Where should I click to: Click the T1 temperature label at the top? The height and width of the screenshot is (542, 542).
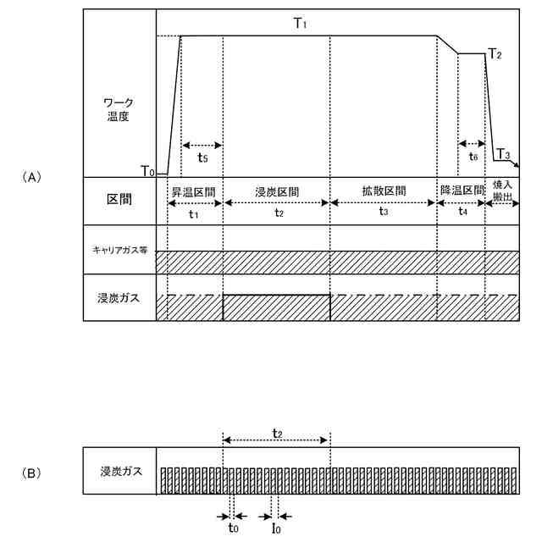point(300,24)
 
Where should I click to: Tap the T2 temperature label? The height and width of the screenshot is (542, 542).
point(495,55)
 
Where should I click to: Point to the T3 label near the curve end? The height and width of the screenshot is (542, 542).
point(503,155)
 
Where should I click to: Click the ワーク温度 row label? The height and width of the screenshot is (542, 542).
point(118,109)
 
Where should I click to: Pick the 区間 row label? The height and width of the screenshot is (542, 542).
point(119,200)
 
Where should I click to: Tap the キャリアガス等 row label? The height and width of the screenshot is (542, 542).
point(119,250)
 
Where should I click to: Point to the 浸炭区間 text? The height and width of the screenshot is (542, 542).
point(277,191)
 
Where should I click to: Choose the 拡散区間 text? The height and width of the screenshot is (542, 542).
point(384,191)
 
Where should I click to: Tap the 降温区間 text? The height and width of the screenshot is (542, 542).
point(462,191)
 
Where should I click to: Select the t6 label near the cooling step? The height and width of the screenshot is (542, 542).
point(473,157)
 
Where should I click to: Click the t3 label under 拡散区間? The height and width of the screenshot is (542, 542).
point(384,213)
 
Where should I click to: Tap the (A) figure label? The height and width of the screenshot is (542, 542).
point(30,177)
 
